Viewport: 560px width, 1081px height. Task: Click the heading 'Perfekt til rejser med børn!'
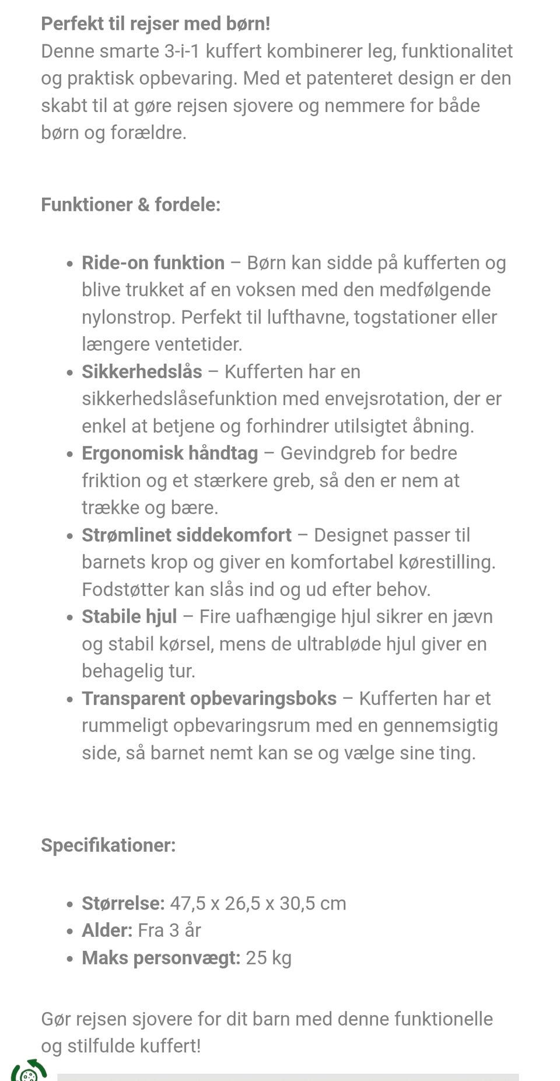[155, 24]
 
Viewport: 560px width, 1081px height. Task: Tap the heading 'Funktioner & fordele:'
[131, 205]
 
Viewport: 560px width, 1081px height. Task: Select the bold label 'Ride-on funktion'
[153, 263]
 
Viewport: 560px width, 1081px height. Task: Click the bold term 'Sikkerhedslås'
[142, 372]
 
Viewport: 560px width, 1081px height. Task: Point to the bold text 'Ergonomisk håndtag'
[170, 454]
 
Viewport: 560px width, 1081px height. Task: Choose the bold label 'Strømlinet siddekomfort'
[187, 535]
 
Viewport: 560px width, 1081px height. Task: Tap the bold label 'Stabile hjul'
[129, 617]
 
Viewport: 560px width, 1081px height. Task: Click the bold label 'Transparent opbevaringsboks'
[209, 699]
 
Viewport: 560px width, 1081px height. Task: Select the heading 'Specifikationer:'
[108, 845]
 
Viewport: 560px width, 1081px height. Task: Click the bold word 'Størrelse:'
[123, 904]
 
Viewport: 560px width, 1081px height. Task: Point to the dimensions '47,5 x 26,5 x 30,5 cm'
[258, 904]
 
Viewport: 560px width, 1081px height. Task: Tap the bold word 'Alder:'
[107, 930]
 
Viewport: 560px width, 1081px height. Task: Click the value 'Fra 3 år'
[169, 930]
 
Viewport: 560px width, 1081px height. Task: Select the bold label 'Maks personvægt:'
[161, 958]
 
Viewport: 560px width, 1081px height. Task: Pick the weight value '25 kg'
[268, 958]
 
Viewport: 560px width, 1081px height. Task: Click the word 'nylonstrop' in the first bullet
[128, 318]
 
